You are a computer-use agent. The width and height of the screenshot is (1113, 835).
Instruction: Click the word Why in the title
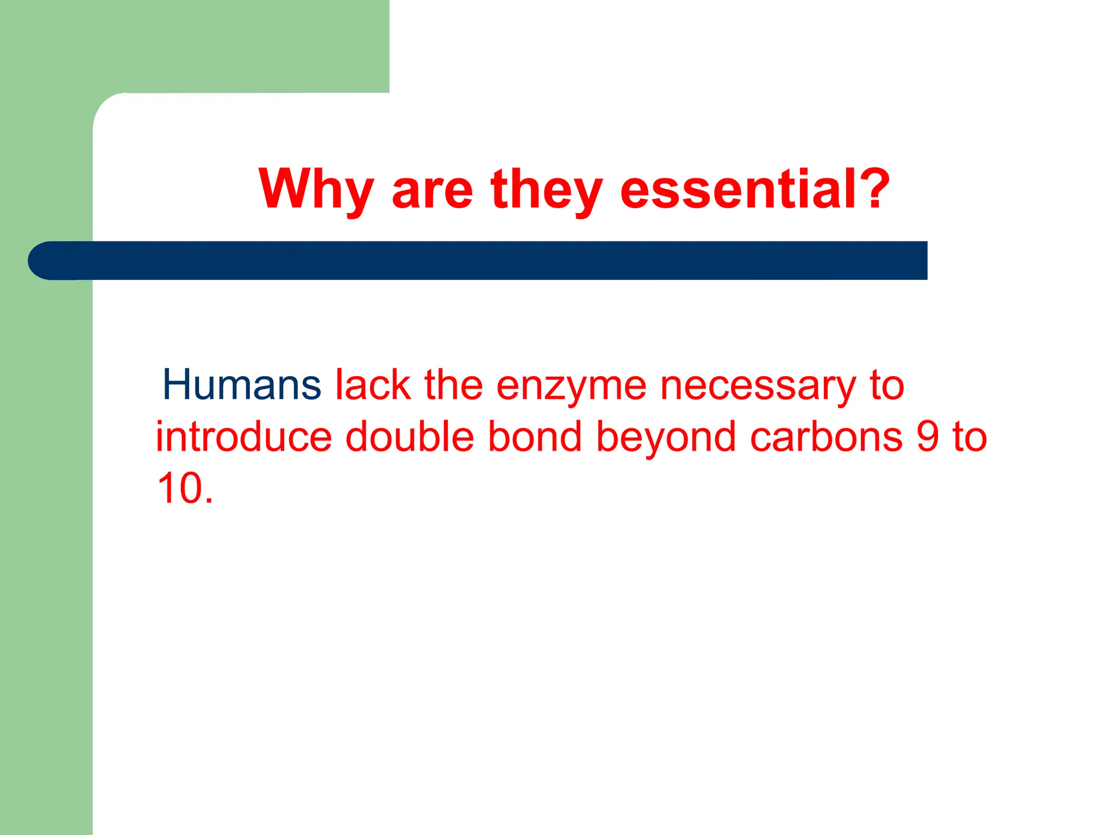[x=316, y=189]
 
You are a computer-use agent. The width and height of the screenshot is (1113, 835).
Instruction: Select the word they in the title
[x=546, y=189]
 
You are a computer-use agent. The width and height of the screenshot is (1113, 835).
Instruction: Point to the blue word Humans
[x=241, y=385]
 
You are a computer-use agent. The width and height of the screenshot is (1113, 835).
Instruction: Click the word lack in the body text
[x=373, y=385]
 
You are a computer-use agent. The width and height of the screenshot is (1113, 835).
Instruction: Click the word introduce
[x=243, y=437]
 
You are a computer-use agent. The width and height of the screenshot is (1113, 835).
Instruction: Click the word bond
[x=535, y=437]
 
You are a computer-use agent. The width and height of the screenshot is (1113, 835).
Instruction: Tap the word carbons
[x=826, y=437]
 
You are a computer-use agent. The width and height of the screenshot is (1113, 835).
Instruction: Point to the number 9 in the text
[x=928, y=437]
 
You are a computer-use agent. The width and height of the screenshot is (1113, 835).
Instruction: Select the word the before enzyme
[x=453, y=385]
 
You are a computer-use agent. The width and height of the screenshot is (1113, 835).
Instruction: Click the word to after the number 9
[x=969, y=437]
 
